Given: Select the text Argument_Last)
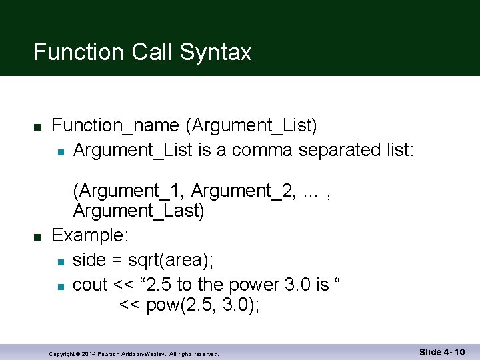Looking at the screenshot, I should pyautogui.click(x=139, y=211).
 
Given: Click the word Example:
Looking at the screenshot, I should pyautogui.click(x=91, y=236).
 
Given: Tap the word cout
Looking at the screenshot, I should pyautogui.click(x=90, y=285).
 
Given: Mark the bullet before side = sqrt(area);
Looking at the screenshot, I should pyautogui.click(x=60, y=261).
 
